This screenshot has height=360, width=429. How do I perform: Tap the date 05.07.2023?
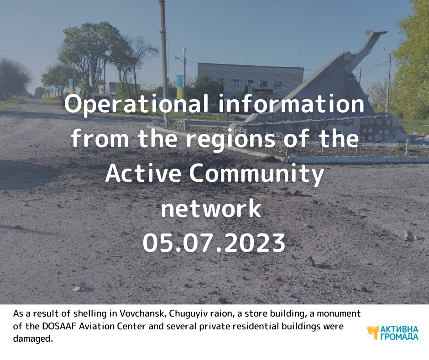coord(214,243)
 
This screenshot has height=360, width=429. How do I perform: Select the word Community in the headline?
coord(256,175)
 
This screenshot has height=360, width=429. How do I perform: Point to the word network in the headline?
coord(211,208)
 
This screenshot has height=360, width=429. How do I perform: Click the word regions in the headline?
coord(230,140)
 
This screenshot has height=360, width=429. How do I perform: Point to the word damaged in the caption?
coord(32,339)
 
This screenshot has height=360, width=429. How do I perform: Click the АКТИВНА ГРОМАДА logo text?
coord(399,333)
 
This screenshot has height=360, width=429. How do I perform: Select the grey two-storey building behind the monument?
coord(251,78)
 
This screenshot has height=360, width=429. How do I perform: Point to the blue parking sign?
coord(227,95)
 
